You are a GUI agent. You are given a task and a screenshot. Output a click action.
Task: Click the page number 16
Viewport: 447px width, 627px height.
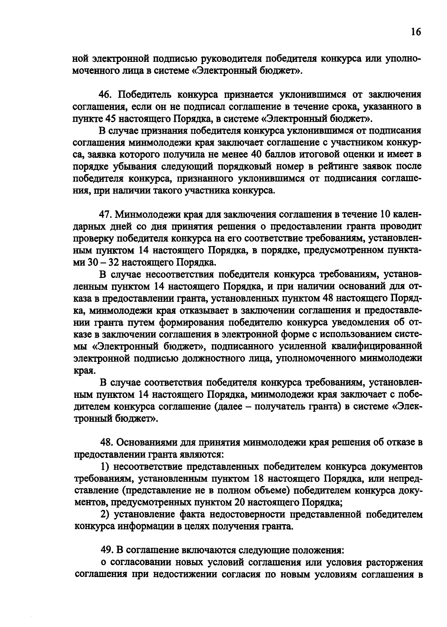pyautogui.click(x=416, y=32)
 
